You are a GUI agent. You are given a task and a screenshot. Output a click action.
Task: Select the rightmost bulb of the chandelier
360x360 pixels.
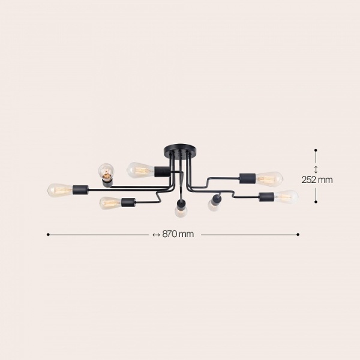pos(286,196)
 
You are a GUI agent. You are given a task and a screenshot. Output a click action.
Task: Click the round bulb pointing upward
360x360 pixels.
pos(106,172)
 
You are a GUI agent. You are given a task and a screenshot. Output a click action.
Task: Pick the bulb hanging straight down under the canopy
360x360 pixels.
pos(179,211)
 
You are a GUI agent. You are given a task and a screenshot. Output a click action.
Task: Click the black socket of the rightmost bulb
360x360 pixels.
pos(266,196)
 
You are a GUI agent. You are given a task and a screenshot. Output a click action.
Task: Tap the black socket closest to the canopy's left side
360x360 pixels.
pos(160,170)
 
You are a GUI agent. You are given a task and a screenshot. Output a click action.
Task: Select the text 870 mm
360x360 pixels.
pos(178,235)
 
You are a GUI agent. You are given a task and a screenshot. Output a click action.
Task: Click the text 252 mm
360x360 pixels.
pos(316,179)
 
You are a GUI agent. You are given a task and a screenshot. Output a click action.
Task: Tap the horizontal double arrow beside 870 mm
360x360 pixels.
pos(157,235)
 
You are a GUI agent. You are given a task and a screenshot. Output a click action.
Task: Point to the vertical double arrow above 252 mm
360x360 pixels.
pos(316,169)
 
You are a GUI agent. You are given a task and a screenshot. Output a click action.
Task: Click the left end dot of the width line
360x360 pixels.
pos(48,235)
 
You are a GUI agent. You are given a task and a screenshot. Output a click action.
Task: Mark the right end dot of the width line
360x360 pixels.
pos(298,235)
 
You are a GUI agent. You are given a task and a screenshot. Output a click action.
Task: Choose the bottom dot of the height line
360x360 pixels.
pos(316,202)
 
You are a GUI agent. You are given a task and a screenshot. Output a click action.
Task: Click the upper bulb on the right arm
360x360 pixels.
pos(269,178)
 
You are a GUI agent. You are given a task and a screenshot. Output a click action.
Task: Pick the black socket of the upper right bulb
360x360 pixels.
pos(247,178)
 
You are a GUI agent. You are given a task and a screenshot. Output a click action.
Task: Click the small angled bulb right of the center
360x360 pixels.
pos(212,205)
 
